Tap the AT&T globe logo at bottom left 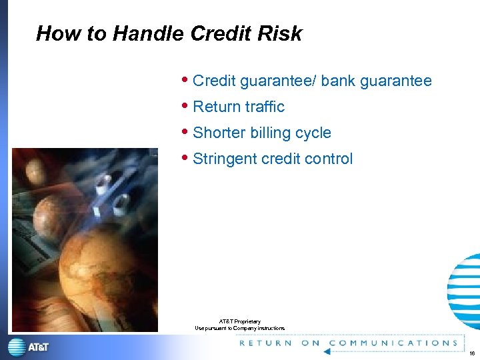pos(17,347)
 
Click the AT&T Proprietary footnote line pos(240,321)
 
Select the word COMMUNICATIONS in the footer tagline pos(394,343)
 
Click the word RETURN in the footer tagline pos(265,343)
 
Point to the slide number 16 pos(471,353)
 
